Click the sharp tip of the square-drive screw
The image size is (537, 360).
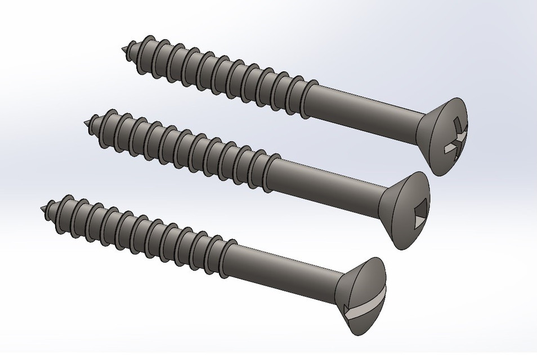[86, 123]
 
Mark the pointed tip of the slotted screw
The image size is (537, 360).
[44, 208]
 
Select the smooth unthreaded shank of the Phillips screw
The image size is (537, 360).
[366, 101]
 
